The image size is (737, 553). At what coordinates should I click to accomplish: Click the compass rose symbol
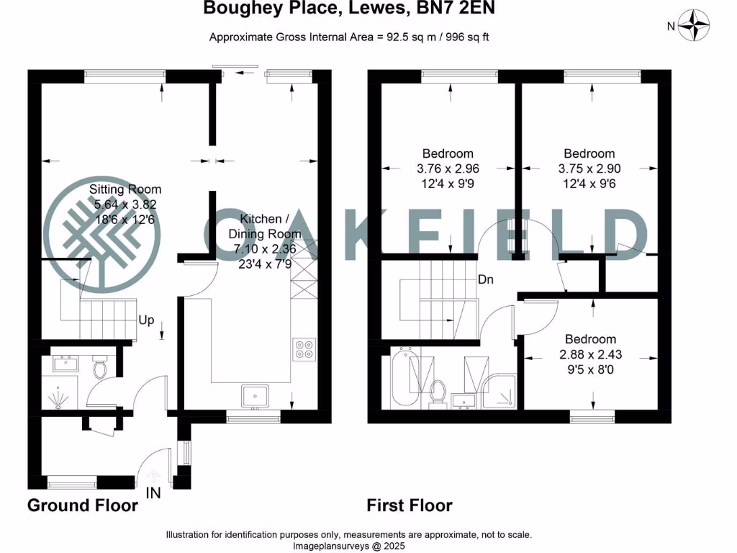(x=697, y=27)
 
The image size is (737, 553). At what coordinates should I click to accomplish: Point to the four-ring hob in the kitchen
(x=304, y=349)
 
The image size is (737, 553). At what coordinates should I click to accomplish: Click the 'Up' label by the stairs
(x=146, y=320)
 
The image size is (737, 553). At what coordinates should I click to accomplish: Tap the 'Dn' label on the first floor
(x=485, y=279)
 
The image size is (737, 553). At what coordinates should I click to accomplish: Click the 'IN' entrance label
(x=153, y=493)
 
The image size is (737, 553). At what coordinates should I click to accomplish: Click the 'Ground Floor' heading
(x=82, y=505)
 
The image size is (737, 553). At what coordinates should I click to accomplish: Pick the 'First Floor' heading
(x=410, y=505)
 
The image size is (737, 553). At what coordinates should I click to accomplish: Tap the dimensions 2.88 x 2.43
(x=590, y=354)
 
